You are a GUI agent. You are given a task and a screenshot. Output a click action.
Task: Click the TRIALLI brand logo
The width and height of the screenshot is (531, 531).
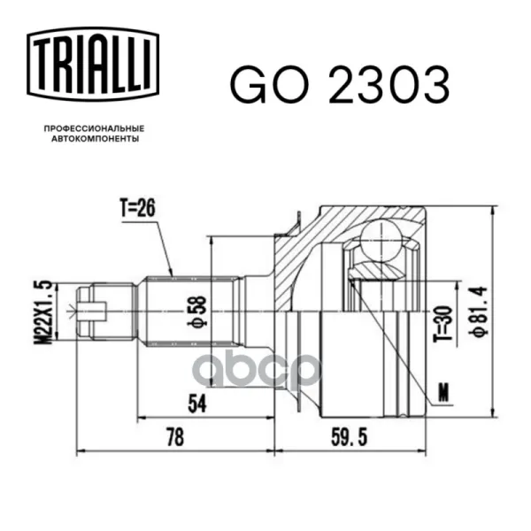(93, 65)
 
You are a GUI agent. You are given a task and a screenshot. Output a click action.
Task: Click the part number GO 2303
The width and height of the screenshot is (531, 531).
(340, 84)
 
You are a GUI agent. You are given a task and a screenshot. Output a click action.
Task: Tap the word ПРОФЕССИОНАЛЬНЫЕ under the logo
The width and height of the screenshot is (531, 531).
(94, 128)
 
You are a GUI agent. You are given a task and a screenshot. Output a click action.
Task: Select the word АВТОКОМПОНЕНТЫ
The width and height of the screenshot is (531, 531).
(96, 139)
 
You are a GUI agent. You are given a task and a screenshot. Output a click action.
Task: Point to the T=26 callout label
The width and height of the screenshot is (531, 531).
(137, 208)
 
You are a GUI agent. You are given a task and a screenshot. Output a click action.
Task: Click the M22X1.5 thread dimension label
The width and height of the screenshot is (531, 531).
(43, 312)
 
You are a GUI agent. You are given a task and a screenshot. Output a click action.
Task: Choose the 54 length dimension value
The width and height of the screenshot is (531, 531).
(197, 404)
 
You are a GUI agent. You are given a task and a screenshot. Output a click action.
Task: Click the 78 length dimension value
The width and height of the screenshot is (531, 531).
(175, 437)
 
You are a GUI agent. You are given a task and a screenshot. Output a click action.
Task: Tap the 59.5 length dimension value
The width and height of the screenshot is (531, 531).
(350, 437)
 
